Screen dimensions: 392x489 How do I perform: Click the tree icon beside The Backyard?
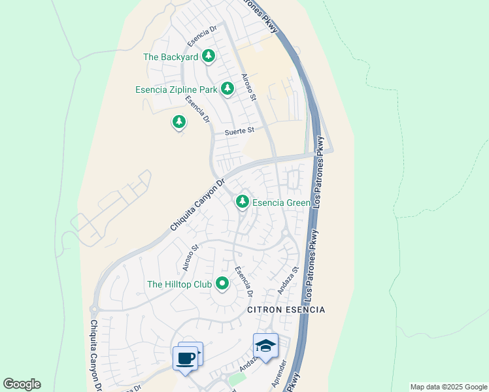click(x=209, y=56)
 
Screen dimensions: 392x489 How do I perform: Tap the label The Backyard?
click(x=171, y=57)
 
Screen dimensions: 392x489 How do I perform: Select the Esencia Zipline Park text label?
click(x=176, y=90)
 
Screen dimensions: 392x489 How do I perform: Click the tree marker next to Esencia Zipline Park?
click(x=228, y=88)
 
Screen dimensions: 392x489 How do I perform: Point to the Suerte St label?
click(x=239, y=131)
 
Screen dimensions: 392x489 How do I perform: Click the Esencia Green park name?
click(x=281, y=203)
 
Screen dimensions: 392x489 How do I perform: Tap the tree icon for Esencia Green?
click(x=243, y=201)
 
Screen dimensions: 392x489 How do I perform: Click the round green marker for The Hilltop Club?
click(x=222, y=284)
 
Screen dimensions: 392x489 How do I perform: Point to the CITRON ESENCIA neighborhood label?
click(x=286, y=309)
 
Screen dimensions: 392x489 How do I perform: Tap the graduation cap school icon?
click(x=265, y=346)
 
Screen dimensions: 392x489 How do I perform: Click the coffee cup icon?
click(x=185, y=358)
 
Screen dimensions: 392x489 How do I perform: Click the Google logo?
click(x=22, y=384)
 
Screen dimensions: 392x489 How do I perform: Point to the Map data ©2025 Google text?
click(x=448, y=387)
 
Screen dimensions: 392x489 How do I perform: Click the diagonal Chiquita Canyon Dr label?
click(x=197, y=205)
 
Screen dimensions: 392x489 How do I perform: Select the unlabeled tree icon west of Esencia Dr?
click(x=179, y=122)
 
